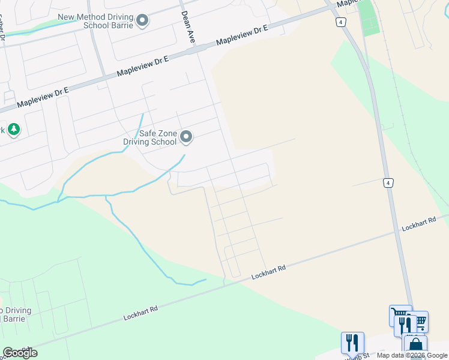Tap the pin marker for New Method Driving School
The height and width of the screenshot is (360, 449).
click(142, 21)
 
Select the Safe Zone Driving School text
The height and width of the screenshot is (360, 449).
click(150, 138)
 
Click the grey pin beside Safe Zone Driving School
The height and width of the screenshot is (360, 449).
click(186, 137)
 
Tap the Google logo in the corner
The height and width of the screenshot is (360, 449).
click(20, 352)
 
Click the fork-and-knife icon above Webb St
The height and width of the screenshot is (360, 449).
click(352, 343)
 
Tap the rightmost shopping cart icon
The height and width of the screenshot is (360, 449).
click(420, 322)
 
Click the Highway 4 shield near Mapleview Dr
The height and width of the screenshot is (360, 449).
click(341, 22)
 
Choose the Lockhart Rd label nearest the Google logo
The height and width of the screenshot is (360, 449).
click(140, 311)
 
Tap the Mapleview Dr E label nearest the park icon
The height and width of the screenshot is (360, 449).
click(43, 98)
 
